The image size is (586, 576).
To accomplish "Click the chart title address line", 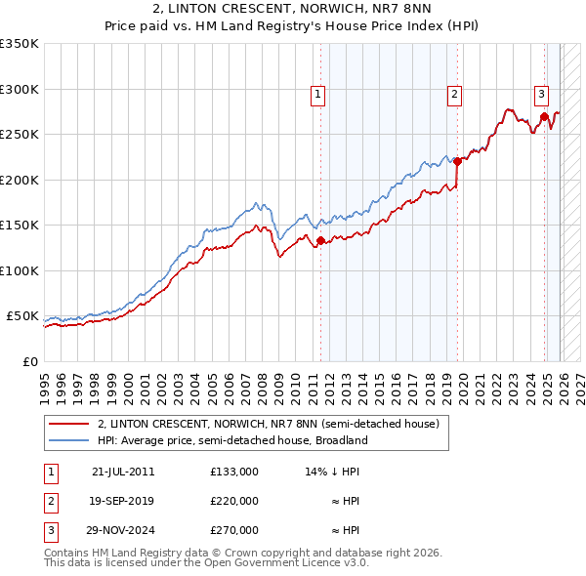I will tap(292, 10).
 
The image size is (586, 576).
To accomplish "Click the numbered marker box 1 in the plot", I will tap(318, 95).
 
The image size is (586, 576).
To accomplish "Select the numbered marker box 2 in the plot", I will tap(455, 95).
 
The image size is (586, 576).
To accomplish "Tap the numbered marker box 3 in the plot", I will tap(541, 95).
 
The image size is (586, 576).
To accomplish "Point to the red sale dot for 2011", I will tap(319, 241).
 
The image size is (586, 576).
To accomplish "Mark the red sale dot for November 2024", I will tap(543, 117).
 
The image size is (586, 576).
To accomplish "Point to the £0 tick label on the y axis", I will tap(28, 362).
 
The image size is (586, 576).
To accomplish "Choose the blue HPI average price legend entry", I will tap(232, 440).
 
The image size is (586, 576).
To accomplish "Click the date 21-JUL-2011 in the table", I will tap(123, 471).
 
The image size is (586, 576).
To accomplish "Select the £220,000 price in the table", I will tap(234, 501).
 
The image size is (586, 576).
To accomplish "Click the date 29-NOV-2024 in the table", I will tap(123, 531).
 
